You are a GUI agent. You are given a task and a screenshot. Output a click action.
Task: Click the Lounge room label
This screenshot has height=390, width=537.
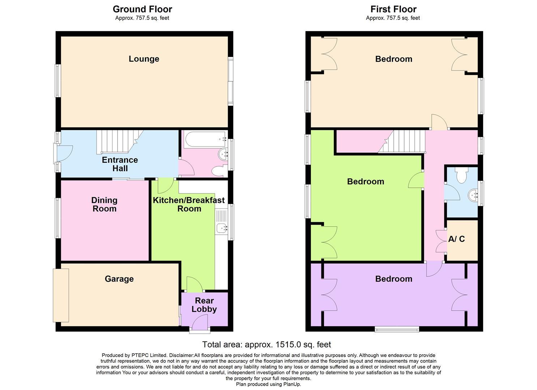(x=144, y=59)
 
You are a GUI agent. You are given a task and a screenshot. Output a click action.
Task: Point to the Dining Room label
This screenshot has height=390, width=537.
(x=104, y=204)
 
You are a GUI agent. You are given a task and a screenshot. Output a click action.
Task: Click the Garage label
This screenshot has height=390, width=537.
(x=119, y=279)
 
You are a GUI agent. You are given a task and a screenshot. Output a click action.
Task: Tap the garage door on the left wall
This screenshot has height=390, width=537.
(x=61, y=295)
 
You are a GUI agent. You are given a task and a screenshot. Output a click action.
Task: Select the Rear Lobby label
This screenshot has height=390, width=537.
(x=204, y=305)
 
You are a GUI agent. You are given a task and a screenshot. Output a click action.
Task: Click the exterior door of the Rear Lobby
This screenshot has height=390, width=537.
(x=199, y=322)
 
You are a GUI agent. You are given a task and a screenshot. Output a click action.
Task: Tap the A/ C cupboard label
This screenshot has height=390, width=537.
(x=456, y=239)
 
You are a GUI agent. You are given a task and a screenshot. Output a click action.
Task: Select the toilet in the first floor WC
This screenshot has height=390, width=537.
(x=461, y=175)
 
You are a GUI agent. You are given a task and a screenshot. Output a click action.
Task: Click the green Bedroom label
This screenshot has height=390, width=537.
(x=365, y=181)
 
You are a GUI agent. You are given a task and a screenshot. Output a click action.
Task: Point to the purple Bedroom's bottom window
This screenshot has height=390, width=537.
(x=397, y=329)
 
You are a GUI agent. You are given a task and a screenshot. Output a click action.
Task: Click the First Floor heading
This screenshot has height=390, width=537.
(x=393, y=9)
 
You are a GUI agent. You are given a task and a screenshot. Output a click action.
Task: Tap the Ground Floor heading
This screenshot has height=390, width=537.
(x=142, y=9)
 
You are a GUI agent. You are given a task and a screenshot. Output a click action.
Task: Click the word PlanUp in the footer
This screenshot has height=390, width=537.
(x=291, y=384)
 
